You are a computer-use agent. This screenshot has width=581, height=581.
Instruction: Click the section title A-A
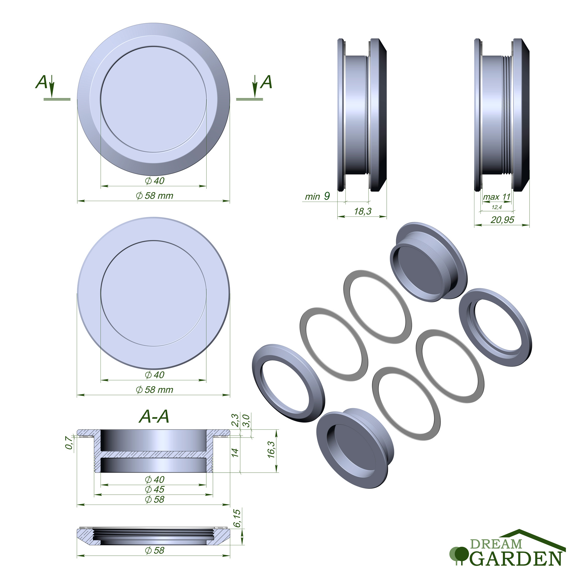(154, 417)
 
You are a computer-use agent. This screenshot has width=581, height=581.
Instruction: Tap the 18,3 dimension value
(363, 211)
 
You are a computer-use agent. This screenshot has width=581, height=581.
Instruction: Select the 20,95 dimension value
(503, 220)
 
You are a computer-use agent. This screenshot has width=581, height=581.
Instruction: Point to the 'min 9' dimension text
(317, 196)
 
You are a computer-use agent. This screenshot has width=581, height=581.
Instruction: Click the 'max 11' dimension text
(497, 197)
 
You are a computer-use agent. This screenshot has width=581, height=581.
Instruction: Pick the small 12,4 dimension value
(497, 207)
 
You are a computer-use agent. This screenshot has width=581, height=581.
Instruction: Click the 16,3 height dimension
(271, 450)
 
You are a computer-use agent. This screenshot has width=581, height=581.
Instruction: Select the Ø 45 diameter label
(155, 489)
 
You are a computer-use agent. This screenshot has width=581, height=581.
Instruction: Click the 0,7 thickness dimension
(69, 443)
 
